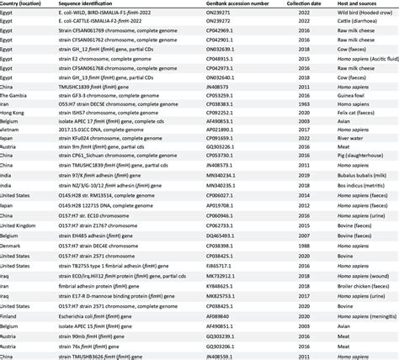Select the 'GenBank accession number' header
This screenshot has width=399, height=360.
click(240, 4)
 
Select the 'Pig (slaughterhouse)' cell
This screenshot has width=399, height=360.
click(365, 178)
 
